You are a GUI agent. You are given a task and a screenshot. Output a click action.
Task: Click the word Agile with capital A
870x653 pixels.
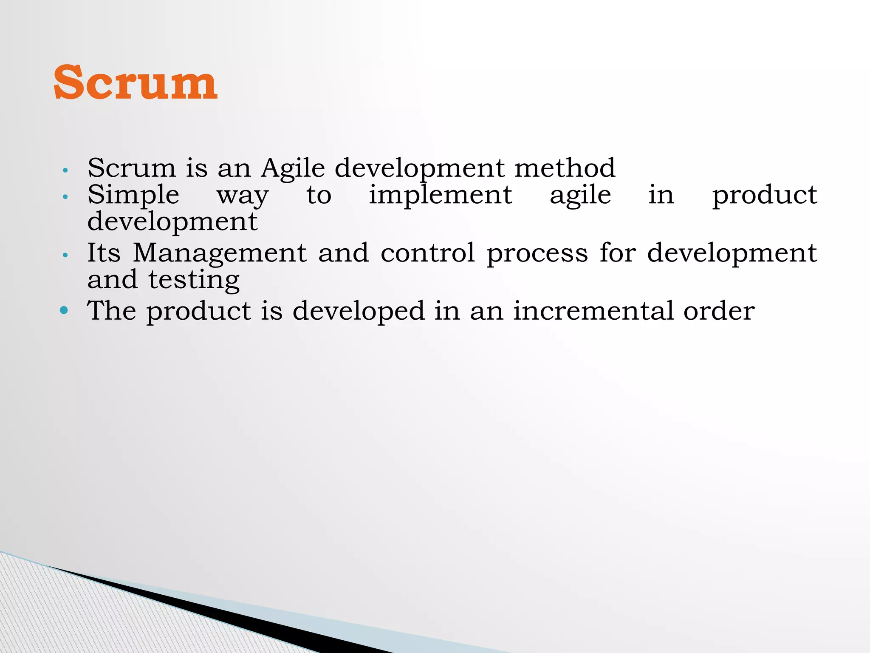coord(293,168)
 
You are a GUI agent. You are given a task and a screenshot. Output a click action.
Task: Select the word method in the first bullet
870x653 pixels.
coord(565,168)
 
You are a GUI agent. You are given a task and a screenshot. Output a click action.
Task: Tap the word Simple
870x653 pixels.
coord(133,196)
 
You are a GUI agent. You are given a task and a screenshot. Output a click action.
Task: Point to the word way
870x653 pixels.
coord(243,196)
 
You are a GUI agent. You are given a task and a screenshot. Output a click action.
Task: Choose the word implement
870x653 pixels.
coord(440,196)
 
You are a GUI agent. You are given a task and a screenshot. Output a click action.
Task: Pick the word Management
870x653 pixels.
coord(220,253)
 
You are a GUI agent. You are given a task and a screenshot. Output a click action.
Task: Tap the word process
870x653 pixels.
coord(537,254)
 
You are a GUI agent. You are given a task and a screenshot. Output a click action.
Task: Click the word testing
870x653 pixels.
coord(194,281)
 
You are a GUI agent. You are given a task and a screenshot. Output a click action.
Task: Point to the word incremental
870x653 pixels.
coord(593,311)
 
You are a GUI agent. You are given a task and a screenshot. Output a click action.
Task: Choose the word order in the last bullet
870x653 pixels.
coord(719,311)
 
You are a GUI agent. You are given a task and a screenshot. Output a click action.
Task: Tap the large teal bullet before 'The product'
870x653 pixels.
coord(64,310)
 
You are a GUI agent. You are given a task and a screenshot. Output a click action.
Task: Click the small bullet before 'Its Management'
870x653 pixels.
coord(65,256)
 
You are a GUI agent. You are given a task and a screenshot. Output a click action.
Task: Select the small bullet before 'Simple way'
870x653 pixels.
coord(65,197)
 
